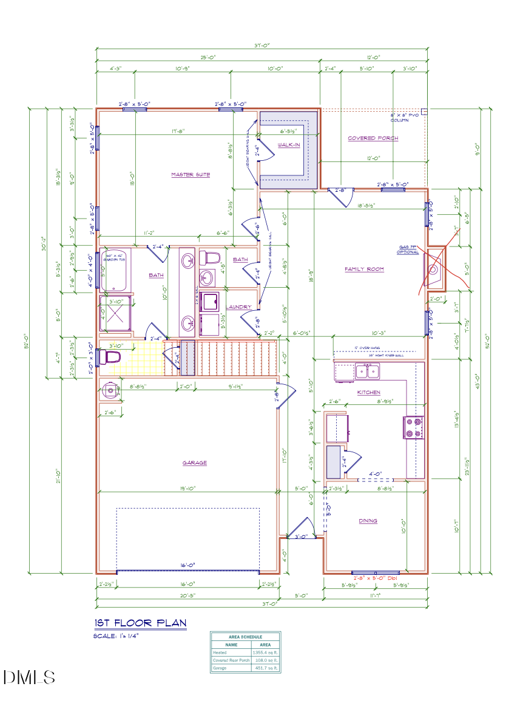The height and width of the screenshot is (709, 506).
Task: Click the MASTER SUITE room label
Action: [x=191, y=175]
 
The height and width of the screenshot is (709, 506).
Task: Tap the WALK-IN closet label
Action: [x=289, y=145]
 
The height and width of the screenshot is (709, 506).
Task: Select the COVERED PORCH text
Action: [x=373, y=138]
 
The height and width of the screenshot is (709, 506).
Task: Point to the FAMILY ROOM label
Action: [x=364, y=269]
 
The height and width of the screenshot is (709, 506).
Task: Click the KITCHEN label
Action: [x=368, y=392]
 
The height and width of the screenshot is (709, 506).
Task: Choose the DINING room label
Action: [x=367, y=520]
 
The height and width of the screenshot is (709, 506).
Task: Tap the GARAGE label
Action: [x=195, y=463]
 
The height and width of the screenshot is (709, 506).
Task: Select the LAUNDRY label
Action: [x=239, y=307]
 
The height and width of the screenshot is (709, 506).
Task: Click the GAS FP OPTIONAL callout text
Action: [x=408, y=249]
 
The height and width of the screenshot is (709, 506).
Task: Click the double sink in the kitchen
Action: [x=367, y=371]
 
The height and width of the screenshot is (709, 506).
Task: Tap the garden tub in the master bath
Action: [x=115, y=271]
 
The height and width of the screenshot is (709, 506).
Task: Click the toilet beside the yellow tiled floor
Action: [x=110, y=358]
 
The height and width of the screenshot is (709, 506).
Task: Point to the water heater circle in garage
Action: [x=110, y=390]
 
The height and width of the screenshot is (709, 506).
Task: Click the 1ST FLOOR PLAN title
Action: [x=140, y=623]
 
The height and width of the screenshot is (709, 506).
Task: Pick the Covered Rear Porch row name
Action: [x=231, y=660]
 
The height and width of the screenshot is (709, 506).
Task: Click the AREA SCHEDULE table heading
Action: [x=245, y=637]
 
